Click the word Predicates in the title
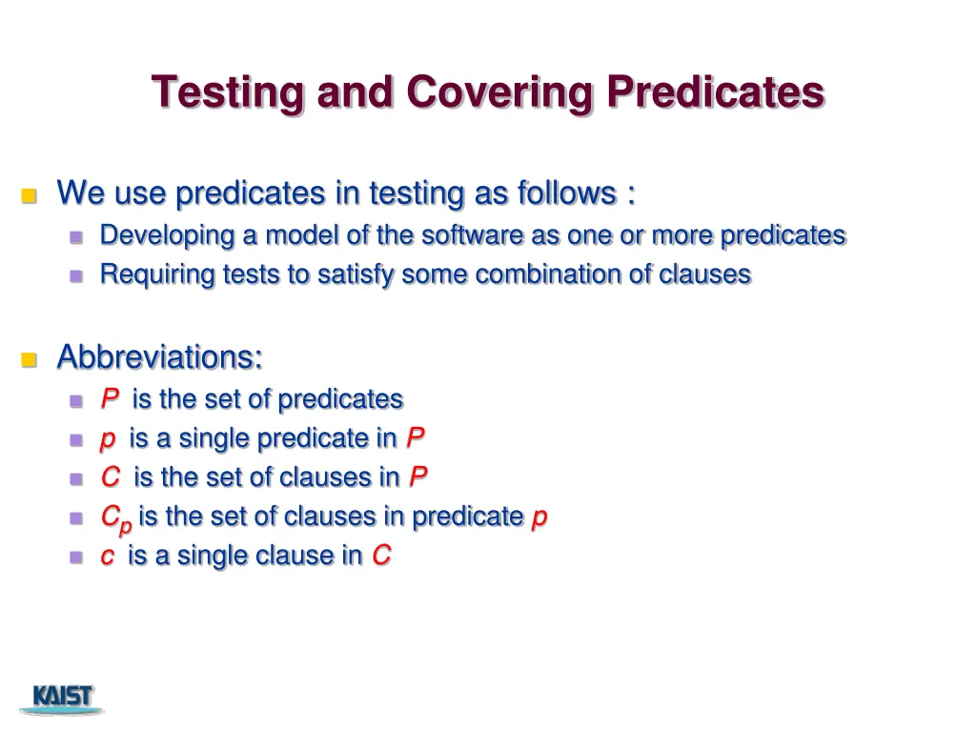(x=716, y=92)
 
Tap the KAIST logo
(x=62, y=698)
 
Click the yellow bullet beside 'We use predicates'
(x=29, y=196)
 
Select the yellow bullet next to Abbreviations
(x=29, y=360)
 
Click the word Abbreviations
(x=159, y=357)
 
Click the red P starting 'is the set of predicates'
(x=110, y=399)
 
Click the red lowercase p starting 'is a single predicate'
(x=108, y=439)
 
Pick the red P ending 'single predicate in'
(x=416, y=438)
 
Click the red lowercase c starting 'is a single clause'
(x=108, y=557)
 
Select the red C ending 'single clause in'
(x=381, y=556)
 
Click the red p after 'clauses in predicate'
(x=539, y=518)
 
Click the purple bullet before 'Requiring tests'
(x=77, y=276)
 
